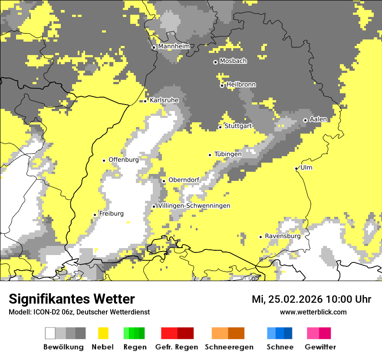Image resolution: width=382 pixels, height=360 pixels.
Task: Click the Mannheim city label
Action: [174, 46]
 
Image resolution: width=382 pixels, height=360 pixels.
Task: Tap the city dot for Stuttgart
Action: [220, 127]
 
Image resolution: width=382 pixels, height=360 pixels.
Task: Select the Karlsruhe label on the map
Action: [164, 100]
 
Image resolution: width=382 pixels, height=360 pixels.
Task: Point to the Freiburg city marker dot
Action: [95, 215]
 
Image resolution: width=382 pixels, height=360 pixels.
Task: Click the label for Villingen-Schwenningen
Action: [194, 206]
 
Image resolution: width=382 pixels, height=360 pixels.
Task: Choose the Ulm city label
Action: [306, 167]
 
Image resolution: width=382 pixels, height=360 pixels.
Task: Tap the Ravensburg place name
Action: [283, 236]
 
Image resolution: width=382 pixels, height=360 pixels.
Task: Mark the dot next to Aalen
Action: [305, 120]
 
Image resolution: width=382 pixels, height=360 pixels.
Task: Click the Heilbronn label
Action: [241, 85]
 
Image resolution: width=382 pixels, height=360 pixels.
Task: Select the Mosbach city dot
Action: [215, 62]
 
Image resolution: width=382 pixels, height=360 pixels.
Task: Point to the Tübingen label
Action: [228, 154]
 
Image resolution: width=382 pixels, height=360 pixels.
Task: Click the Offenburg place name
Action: [123, 160]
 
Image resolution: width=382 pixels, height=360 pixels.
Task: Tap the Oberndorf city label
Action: [184, 180]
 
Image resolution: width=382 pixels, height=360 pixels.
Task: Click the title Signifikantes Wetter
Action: [72, 299]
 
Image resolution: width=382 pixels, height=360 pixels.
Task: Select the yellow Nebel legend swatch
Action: [103, 333]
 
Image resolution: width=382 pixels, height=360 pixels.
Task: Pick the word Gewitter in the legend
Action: [320, 347]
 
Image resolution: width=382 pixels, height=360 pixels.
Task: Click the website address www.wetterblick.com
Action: [313, 312]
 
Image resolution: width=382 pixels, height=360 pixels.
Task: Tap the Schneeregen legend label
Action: [229, 347]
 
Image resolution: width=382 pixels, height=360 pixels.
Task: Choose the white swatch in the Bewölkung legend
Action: [50, 333]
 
